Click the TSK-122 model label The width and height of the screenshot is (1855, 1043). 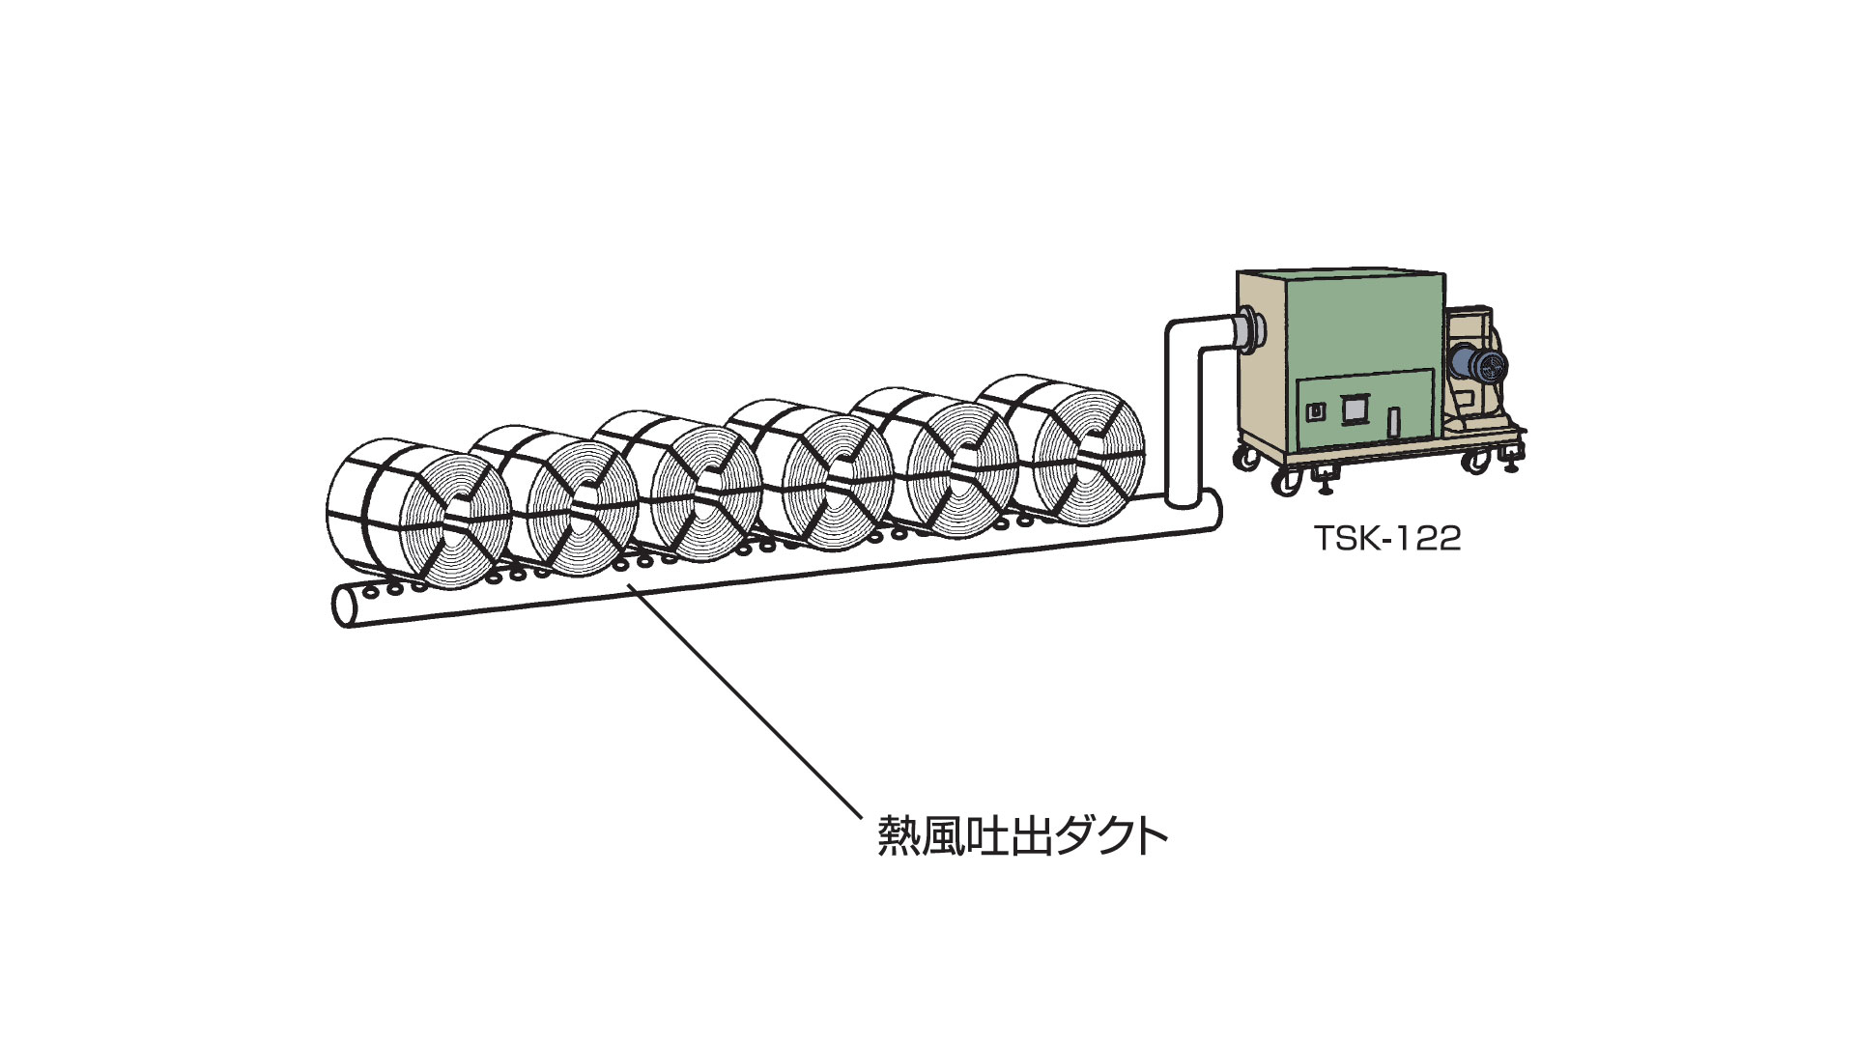[1386, 539]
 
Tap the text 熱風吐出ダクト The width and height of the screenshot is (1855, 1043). [1022, 837]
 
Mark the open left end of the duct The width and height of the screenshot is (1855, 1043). [344, 606]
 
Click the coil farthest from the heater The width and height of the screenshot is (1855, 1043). [415, 512]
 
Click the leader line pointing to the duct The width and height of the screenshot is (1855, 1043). [744, 705]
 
